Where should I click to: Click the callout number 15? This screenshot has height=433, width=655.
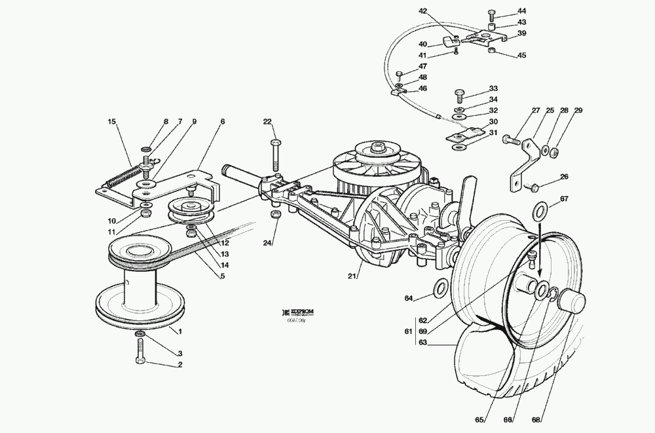point(112,121)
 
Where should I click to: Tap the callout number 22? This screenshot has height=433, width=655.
point(267,121)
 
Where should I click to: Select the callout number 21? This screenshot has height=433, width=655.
point(352,276)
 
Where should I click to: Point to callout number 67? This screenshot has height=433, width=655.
point(564,199)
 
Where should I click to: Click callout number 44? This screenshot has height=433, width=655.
point(521,11)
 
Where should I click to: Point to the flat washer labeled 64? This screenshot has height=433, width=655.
point(441,286)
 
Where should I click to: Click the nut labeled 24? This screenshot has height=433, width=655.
point(276,216)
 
